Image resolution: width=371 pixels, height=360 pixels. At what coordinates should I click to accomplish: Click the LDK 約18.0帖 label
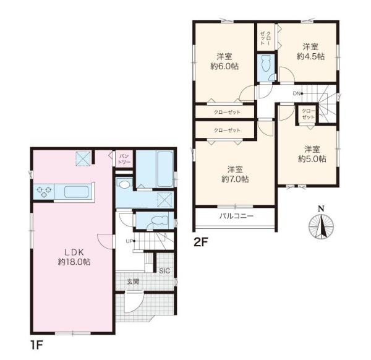[74, 257]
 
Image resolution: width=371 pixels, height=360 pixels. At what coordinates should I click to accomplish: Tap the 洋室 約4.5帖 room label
[310, 52]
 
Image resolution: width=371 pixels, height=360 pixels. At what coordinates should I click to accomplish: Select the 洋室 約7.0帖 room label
[235, 174]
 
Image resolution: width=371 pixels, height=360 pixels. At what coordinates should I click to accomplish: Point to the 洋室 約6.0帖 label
[224, 61]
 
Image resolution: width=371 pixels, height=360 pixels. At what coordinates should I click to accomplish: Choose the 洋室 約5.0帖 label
[312, 154]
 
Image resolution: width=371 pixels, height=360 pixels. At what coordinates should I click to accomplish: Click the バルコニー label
[236, 216]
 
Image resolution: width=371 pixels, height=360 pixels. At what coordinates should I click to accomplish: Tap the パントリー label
[124, 159]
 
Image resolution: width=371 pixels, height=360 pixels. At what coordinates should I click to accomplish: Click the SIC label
[164, 271]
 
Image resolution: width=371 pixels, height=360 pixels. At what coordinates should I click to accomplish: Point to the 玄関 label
[133, 281]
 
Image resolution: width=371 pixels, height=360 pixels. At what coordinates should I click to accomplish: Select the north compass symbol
[321, 223]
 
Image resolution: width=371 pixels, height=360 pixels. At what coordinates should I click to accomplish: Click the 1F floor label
[36, 346]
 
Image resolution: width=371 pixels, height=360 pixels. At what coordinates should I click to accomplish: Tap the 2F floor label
[200, 242]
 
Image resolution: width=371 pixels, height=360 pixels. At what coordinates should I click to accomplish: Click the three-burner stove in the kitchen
[44, 191]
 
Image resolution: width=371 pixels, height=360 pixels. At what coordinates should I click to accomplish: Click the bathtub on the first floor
[165, 169]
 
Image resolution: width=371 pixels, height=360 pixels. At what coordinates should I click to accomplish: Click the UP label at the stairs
[129, 241]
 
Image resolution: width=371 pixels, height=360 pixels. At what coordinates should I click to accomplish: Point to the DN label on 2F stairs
[296, 93]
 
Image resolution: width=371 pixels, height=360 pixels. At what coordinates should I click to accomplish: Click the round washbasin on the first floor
[124, 184]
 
